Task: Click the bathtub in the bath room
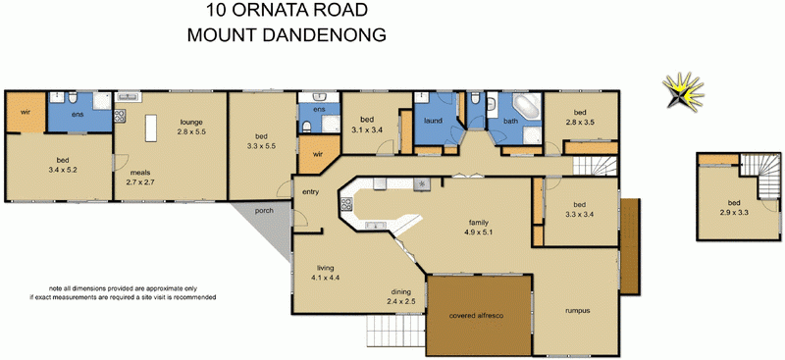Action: coord(528,107)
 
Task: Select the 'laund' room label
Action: coord(432,122)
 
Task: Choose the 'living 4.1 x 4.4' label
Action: coord(327,273)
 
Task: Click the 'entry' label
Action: coord(311,191)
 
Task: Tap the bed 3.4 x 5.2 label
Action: coord(61,164)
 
